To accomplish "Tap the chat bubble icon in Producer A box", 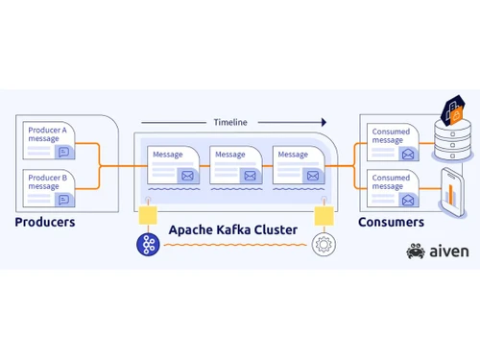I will click(x=64, y=151).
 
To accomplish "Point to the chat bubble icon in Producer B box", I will click(x=64, y=199).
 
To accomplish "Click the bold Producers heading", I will click(x=44, y=223).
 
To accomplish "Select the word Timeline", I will click(x=229, y=122).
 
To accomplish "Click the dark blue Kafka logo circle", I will click(x=148, y=244).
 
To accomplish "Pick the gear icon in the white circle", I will click(x=324, y=244).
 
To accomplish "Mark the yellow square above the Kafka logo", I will click(x=148, y=212).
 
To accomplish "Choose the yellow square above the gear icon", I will click(x=324, y=212).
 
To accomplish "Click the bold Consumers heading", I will click(x=391, y=223).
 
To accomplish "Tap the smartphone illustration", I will click(x=453, y=190).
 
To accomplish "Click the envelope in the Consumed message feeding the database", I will click(x=408, y=153).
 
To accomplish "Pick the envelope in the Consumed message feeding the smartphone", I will click(x=408, y=200).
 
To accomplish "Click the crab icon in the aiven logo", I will click(x=415, y=252).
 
